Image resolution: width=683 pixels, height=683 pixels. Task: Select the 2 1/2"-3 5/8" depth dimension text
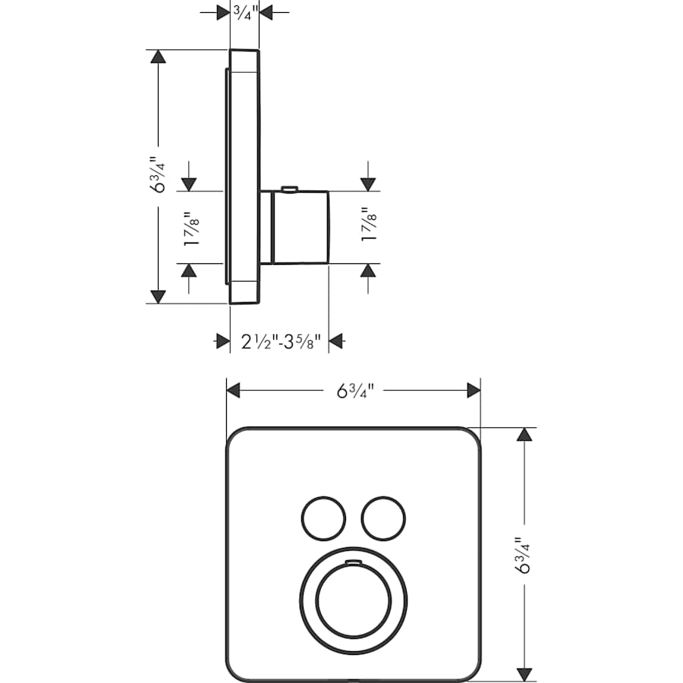click(282, 341)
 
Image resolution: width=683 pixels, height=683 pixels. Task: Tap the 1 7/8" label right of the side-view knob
click(369, 225)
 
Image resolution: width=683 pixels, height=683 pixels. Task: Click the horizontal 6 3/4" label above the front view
click(354, 391)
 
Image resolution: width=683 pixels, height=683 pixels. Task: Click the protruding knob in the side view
click(299, 227)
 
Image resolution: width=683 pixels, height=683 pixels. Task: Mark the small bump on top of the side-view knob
click(288, 187)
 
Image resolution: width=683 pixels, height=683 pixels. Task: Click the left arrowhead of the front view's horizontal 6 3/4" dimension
click(234, 391)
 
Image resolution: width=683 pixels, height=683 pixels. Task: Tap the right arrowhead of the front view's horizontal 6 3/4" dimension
click(474, 391)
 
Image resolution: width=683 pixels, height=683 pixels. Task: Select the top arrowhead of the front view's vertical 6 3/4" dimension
click(524, 435)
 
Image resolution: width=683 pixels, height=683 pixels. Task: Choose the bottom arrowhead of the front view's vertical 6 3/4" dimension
click(524, 673)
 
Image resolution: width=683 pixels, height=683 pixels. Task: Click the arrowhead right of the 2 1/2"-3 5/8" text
click(336, 341)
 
